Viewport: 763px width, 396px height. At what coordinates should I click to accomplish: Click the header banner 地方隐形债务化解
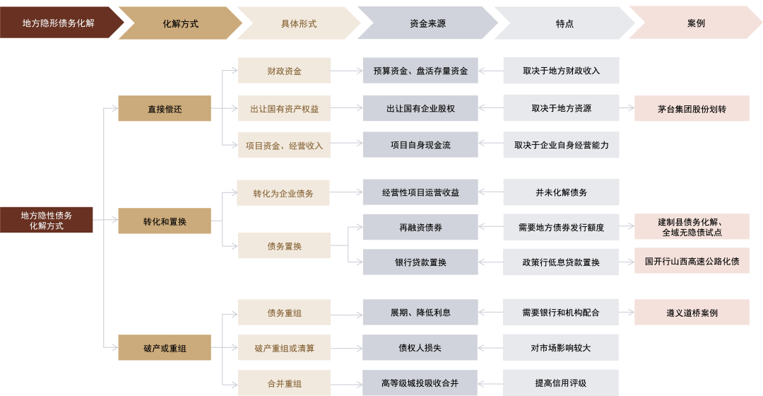pyautogui.click(x=58, y=23)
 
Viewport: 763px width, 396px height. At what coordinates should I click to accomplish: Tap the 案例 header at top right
pyautogui.click(x=695, y=23)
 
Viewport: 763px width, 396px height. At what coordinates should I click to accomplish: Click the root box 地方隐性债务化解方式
pyautogui.click(x=47, y=221)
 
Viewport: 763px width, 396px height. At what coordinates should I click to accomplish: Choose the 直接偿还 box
pyautogui.click(x=165, y=109)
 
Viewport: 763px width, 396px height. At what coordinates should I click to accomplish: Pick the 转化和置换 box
pyautogui.click(x=165, y=221)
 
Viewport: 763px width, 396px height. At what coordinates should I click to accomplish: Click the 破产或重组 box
pyautogui.click(x=165, y=348)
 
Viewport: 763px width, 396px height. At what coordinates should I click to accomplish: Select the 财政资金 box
pyautogui.click(x=284, y=71)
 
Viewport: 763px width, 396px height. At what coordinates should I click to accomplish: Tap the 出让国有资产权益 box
pyautogui.click(x=284, y=109)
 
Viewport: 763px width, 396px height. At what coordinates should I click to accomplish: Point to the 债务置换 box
pyautogui.click(x=284, y=246)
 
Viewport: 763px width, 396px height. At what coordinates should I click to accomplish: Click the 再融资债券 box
pyautogui.click(x=420, y=227)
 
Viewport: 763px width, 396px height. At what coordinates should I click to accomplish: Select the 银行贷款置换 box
pyautogui.click(x=420, y=262)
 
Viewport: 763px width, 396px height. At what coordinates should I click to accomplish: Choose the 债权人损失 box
pyautogui.click(x=420, y=348)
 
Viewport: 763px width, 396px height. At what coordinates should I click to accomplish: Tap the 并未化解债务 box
pyautogui.click(x=561, y=192)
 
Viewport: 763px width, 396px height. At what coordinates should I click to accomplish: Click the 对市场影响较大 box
pyautogui.click(x=561, y=348)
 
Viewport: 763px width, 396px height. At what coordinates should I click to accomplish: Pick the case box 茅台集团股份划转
pyautogui.click(x=692, y=109)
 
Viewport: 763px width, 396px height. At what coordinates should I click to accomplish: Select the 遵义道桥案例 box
pyautogui.click(x=692, y=313)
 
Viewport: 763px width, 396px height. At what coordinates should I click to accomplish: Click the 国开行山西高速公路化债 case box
pyautogui.click(x=692, y=262)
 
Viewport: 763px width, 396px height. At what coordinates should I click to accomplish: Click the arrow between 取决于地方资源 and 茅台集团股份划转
pyautogui.click(x=627, y=109)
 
